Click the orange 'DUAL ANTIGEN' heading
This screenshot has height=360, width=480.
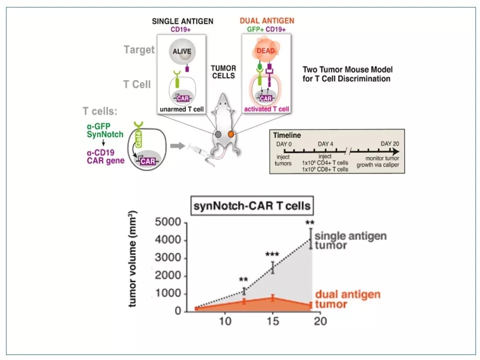pos(267,21)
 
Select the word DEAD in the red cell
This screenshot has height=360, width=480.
pos(266,50)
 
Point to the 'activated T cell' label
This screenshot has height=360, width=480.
pos(267,109)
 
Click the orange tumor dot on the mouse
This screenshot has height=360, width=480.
pos(230,134)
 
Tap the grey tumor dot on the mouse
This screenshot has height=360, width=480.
pos(218,134)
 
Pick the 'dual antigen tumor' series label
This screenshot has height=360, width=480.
pos(347,299)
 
